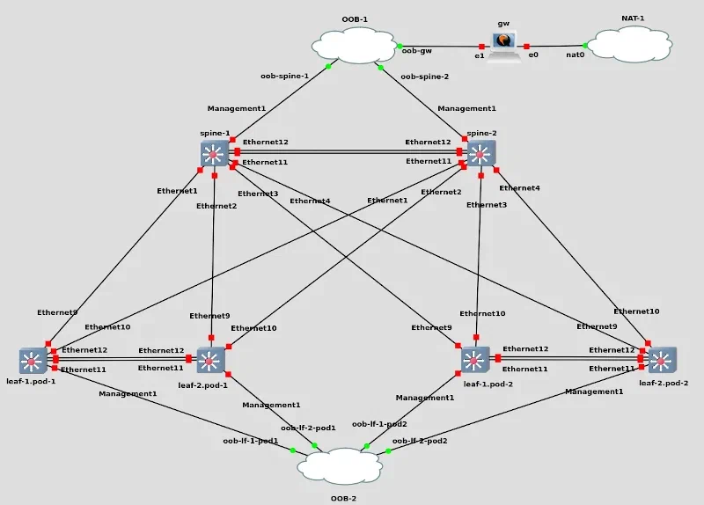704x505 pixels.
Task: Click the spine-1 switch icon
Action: point(214,155)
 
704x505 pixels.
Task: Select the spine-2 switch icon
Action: point(480,155)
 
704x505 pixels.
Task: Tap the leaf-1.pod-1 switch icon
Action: point(33,360)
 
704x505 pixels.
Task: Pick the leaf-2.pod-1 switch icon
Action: point(211,359)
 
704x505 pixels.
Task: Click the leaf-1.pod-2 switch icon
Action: point(475,359)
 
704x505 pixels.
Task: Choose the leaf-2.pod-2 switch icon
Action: point(663,359)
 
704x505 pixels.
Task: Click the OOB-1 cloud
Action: point(356,45)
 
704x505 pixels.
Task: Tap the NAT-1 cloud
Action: point(629,45)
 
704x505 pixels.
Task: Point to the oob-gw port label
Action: point(416,51)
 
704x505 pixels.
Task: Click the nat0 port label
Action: point(576,55)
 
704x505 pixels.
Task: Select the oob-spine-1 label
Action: point(284,76)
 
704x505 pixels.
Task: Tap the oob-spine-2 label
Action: point(424,77)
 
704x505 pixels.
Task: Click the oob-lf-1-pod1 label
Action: point(250,440)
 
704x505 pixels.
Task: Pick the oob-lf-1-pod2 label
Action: point(379,424)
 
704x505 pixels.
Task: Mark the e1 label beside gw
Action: point(480,55)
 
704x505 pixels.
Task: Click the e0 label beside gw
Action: point(533,55)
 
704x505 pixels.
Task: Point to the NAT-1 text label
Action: point(629,18)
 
